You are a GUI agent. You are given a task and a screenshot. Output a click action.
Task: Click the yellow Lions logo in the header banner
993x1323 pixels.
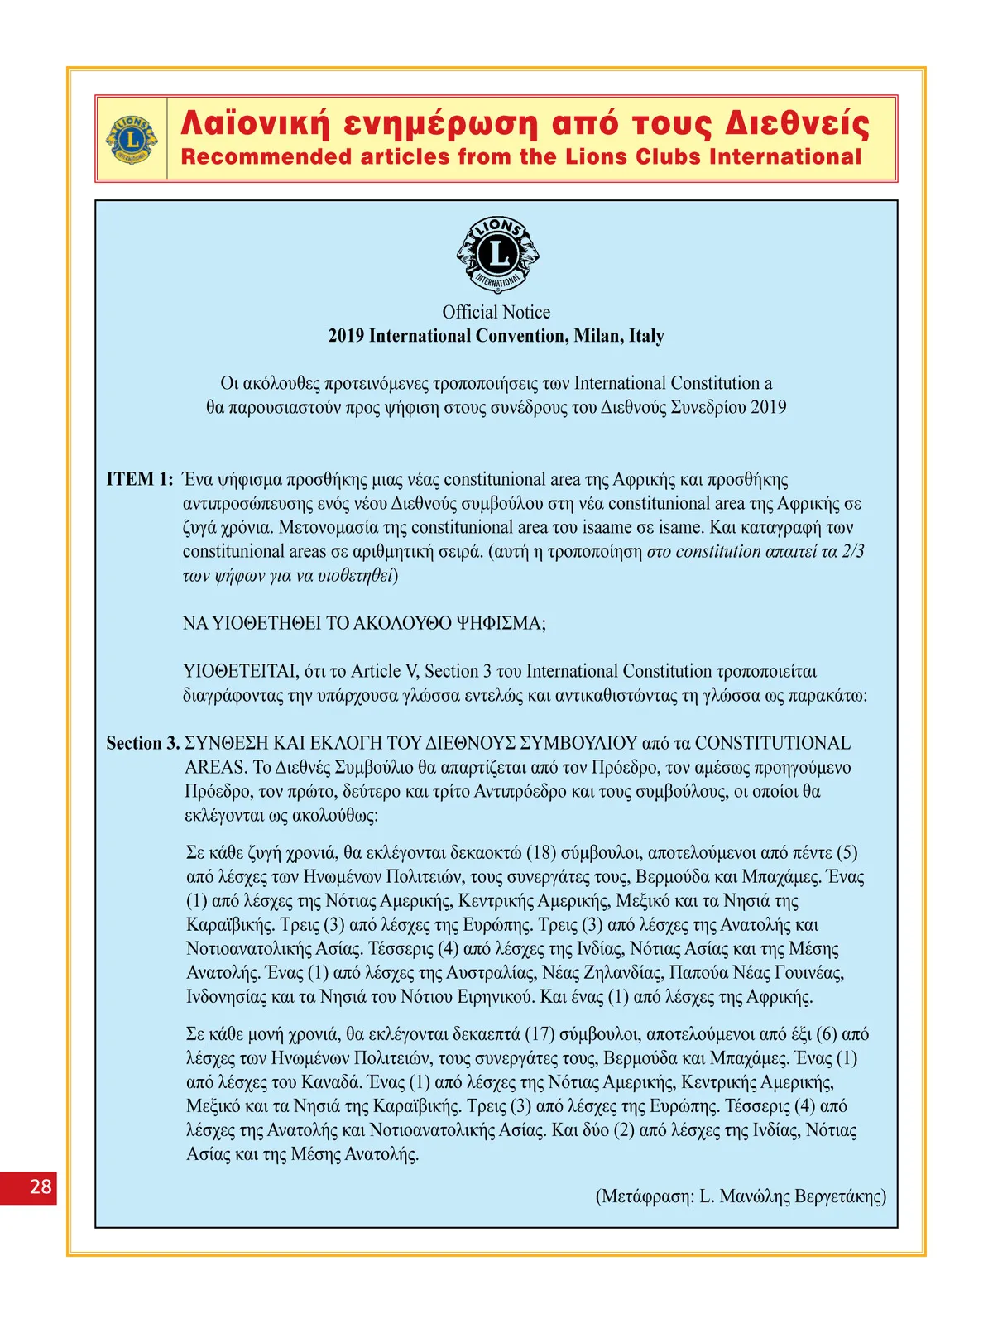point(132,139)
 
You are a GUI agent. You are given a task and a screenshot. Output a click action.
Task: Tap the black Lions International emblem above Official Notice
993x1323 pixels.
point(497,254)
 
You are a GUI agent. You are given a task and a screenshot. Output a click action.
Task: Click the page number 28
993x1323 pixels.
point(41,1186)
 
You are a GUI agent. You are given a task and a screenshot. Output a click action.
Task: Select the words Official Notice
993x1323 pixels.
point(496,312)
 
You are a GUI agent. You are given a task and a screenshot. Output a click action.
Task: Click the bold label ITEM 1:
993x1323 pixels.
point(139,479)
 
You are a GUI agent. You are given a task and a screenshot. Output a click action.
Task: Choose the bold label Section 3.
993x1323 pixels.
point(142,743)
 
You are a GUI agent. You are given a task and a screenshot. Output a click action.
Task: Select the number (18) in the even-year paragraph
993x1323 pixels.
point(541,852)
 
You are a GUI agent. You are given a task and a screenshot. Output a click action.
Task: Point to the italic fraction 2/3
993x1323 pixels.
point(853,551)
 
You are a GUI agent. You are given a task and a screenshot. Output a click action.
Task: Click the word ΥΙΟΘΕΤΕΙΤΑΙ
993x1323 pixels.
point(241,671)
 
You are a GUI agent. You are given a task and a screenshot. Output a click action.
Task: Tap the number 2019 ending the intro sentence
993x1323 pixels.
point(769,407)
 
